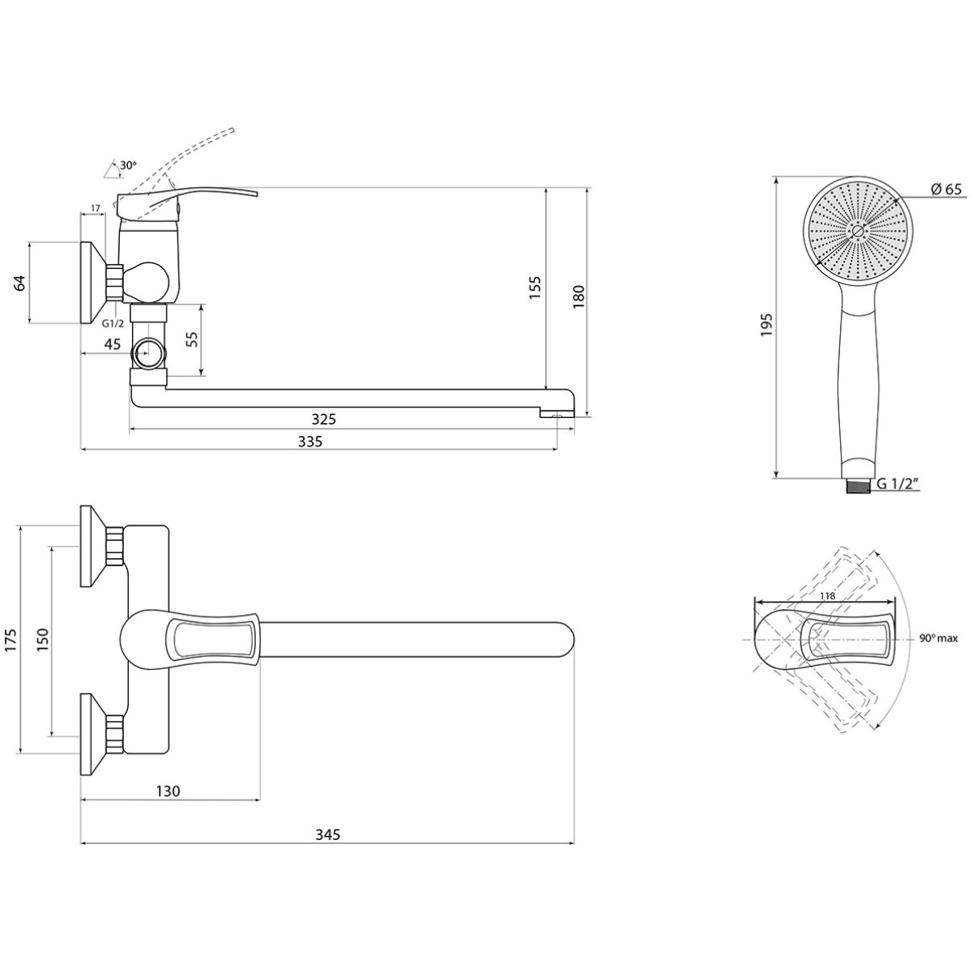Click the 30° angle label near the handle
coord(128,165)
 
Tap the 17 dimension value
coord(96,208)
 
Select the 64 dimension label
coord(20,283)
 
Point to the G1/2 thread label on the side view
coord(113,323)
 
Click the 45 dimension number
coord(112,344)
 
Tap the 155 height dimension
coord(535,288)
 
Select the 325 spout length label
coord(323,419)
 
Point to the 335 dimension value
coord(309,441)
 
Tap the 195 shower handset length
coord(766,325)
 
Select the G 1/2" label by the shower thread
coord(897,484)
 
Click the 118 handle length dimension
coord(827,595)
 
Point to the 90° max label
coord(938,638)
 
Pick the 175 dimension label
coord(11,640)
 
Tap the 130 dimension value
coord(168,791)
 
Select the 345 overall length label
coord(328,834)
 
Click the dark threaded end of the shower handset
coord(857,486)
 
